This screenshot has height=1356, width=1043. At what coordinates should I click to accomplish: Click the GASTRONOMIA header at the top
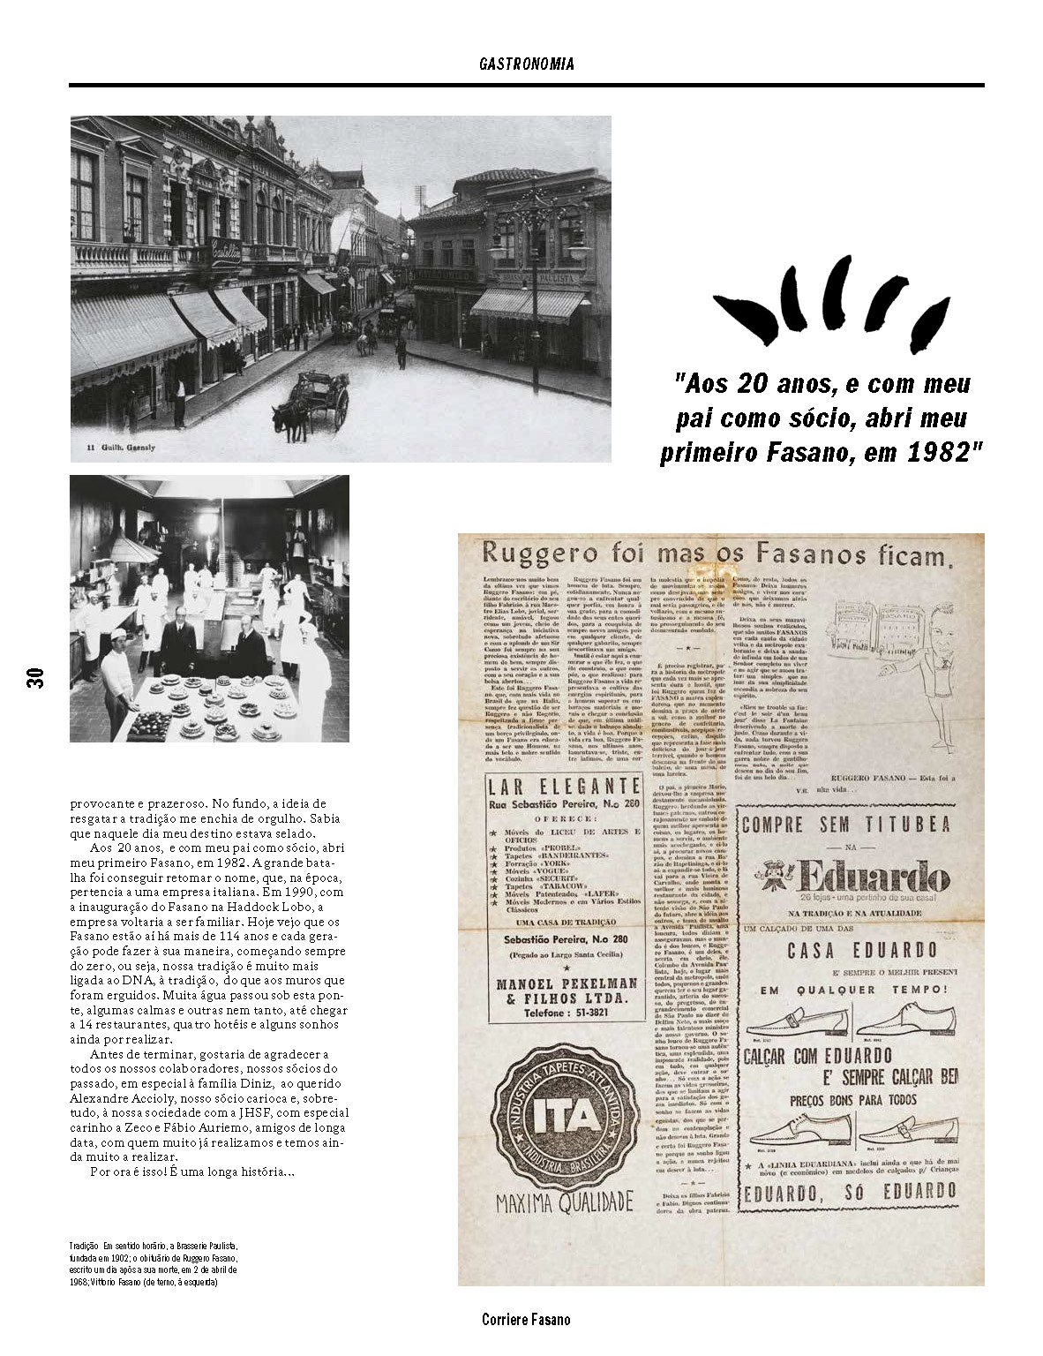point(527,64)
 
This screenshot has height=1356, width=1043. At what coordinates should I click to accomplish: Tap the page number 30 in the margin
point(36,677)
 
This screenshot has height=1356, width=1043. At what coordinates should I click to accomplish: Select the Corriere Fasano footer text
point(526,1319)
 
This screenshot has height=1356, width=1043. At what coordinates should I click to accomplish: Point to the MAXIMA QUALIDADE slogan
point(564,1202)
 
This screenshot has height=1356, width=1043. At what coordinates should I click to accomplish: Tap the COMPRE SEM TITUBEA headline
point(845,825)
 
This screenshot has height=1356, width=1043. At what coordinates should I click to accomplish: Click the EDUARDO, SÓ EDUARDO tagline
point(850,1192)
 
